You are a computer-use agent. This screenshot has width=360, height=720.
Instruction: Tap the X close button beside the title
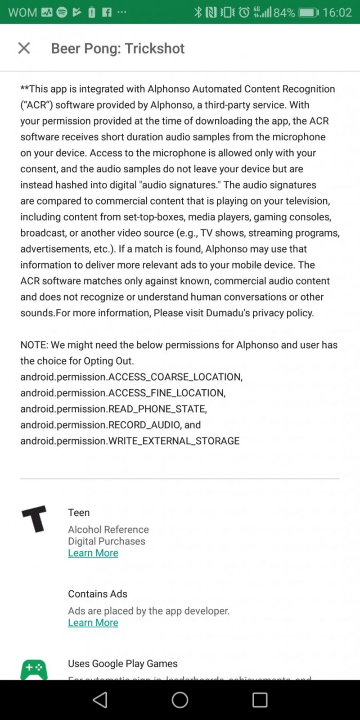pos(24,48)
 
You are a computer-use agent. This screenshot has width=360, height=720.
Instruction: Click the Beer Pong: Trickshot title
pos(117,48)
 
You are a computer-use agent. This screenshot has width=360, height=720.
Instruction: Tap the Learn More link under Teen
pos(93,553)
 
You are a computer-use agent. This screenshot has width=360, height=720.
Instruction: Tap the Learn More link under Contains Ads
pos(93,623)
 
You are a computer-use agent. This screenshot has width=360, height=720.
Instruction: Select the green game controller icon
pos(34,670)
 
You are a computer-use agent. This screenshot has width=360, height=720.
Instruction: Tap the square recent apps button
pos(260,700)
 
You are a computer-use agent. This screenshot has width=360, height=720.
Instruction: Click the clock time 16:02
pos(337,12)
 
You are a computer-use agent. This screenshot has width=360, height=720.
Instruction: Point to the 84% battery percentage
pos(284,12)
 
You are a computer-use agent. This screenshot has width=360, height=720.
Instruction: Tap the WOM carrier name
pos(22,12)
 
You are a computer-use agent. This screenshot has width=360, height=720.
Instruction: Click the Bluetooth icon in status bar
pos(198,12)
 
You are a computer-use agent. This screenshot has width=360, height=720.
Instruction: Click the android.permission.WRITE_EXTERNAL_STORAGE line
pos(130,441)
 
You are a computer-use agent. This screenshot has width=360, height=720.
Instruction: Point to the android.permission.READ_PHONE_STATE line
pos(113,409)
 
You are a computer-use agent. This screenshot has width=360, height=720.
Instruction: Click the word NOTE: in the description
pos(34,345)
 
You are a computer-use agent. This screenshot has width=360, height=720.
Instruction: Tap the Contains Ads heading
pos(98,594)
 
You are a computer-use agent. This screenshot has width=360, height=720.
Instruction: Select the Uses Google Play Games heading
pos(122,664)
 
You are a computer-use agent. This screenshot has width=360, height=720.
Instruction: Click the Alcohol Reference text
pos(108,530)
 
